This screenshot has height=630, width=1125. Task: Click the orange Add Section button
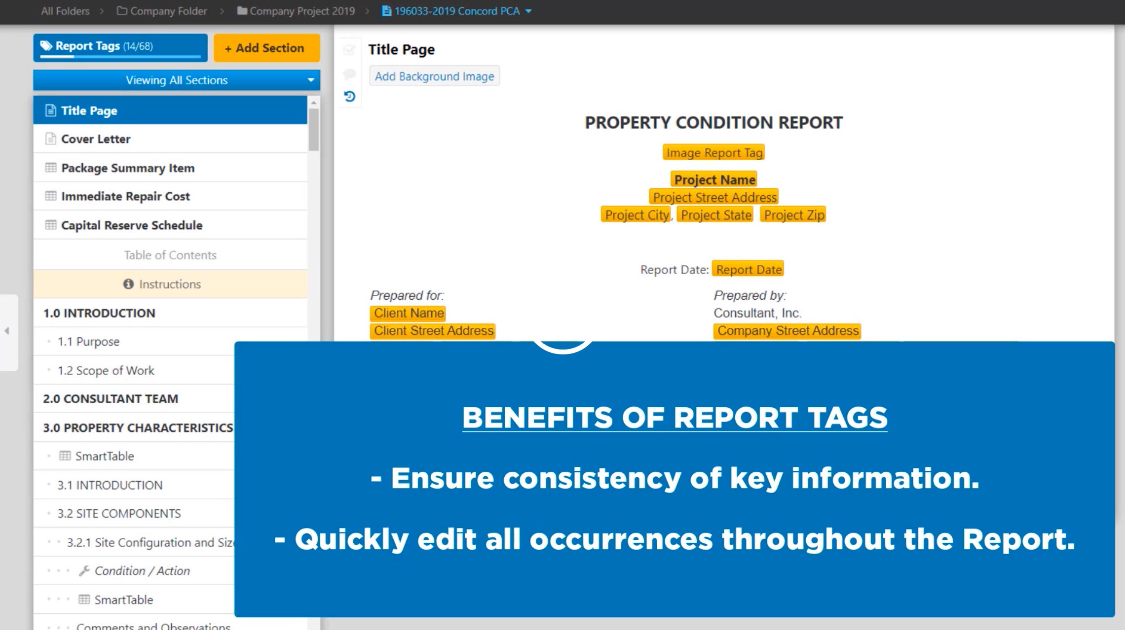tap(266, 48)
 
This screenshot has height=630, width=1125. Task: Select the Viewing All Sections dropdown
tap(177, 80)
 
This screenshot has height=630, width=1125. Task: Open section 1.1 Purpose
tap(88, 342)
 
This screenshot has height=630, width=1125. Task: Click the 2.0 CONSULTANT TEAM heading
tap(111, 399)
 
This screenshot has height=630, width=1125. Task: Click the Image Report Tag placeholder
tap(714, 153)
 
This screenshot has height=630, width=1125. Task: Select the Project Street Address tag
tap(714, 197)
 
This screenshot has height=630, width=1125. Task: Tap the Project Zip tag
tap(793, 215)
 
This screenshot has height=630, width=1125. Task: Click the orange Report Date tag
tap(749, 270)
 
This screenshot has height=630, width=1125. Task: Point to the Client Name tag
tap(409, 313)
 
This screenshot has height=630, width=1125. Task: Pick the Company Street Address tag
tap(787, 331)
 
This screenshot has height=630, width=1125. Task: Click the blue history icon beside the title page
tap(350, 96)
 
